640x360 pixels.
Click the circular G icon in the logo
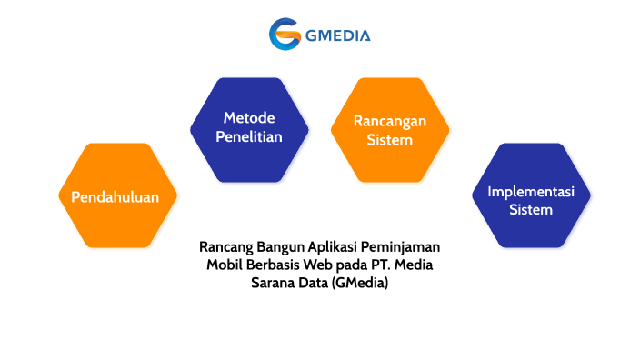285,35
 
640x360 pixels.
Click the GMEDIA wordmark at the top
338,36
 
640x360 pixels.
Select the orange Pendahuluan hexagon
115,196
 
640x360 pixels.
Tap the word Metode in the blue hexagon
249,118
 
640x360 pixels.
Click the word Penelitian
249,137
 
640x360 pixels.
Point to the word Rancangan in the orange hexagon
389,121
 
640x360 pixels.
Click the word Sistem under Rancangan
389,140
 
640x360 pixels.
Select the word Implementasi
531,192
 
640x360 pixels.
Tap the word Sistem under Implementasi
531,210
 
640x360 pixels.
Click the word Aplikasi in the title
331,247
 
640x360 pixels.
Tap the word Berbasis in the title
272,265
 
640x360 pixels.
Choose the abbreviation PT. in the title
383,265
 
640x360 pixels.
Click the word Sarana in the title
273,283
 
